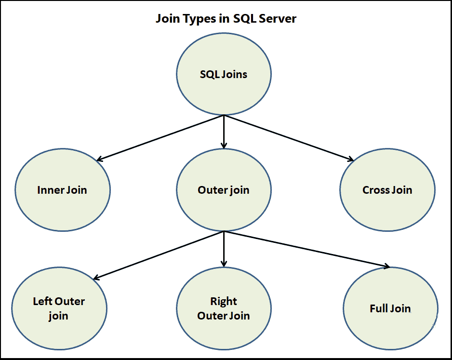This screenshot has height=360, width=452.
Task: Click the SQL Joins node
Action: [224, 75]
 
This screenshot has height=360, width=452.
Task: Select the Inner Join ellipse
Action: [62, 189]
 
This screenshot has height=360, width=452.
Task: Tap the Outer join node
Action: [224, 189]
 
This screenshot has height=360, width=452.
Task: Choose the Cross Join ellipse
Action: [387, 189]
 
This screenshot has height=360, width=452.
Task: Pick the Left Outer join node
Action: [59, 308]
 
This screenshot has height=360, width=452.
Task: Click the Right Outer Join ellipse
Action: [224, 308]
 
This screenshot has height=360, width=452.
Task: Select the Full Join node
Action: [390, 308]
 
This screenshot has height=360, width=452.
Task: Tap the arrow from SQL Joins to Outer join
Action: [224, 132]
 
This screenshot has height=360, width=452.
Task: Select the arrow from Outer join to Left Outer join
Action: [159, 255]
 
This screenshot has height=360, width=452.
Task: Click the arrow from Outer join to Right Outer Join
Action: [224, 249]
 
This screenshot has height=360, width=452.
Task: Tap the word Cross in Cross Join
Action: [376, 190]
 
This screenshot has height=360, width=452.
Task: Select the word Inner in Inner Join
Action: [51, 190]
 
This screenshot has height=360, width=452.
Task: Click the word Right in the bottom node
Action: [224, 302]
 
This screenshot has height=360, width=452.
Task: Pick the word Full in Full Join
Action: [379, 308]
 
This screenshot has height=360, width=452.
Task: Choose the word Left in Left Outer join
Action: [42, 302]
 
